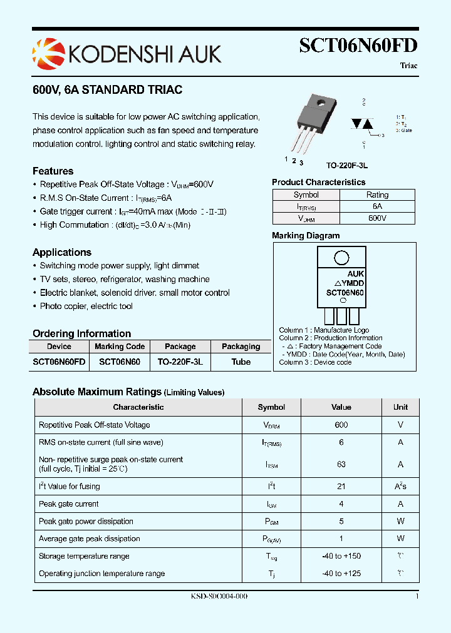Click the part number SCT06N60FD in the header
tap(358, 46)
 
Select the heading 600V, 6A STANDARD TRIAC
tap(107, 90)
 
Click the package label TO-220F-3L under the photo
tap(346, 166)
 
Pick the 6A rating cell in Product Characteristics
tap(377, 206)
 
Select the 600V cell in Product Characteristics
tap(377, 218)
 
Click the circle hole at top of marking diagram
tap(341, 258)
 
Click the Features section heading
tap(53, 171)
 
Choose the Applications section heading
tap(62, 253)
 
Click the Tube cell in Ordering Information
tap(241, 362)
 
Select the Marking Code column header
tap(120, 347)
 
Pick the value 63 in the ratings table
tap(341, 464)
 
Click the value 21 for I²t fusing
tap(341, 486)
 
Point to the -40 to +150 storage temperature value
tap(341, 556)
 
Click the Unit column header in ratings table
tap(400, 407)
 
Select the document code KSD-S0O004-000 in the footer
tap(219, 597)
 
